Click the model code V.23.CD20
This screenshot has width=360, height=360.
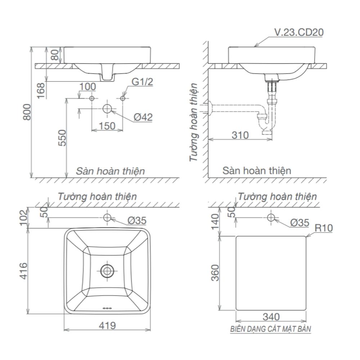[298, 32]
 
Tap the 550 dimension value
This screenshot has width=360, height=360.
[62, 138]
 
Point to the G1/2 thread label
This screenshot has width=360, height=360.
[142, 82]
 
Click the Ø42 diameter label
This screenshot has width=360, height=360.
[143, 117]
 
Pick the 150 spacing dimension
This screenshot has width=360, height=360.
[107, 126]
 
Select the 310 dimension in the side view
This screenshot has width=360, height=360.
[240, 135]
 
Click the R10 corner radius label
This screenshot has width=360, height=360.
[324, 228]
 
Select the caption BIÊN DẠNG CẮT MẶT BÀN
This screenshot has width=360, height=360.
[270, 329]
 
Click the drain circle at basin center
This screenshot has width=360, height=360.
[107, 270]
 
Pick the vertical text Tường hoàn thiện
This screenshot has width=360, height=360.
[195, 122]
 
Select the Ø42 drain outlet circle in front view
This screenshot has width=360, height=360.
[107, 109]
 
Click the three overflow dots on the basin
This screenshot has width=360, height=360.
[107, 308]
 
